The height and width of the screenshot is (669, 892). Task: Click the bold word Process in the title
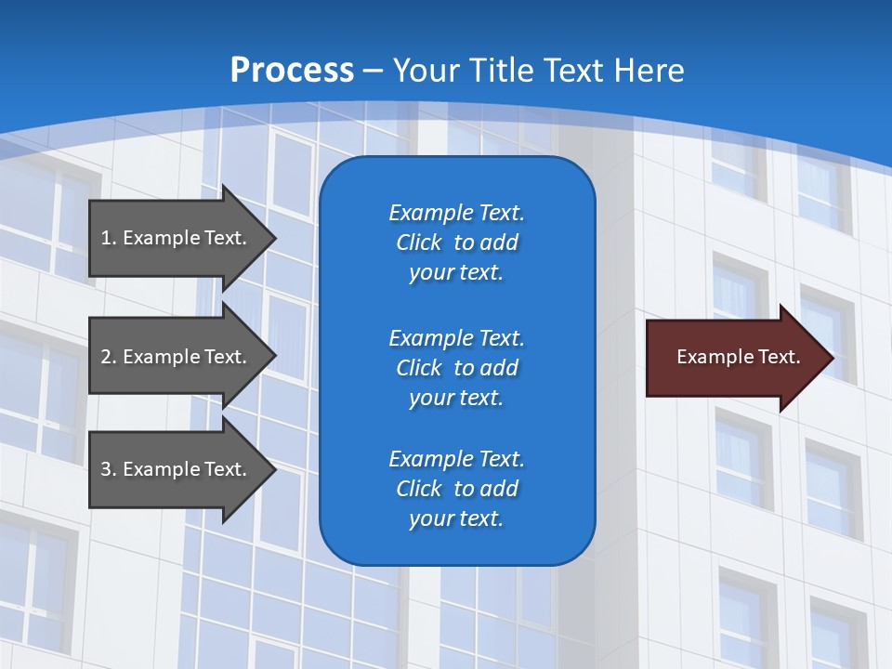292,71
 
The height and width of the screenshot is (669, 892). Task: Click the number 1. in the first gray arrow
109,238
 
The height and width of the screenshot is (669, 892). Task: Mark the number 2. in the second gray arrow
109,357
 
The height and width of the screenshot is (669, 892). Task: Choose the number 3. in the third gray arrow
109,469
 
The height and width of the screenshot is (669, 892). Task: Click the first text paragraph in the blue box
456,243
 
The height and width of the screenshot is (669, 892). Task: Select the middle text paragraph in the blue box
456,368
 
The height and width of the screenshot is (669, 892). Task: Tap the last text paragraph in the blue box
456,489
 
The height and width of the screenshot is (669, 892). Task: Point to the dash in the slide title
373,71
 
